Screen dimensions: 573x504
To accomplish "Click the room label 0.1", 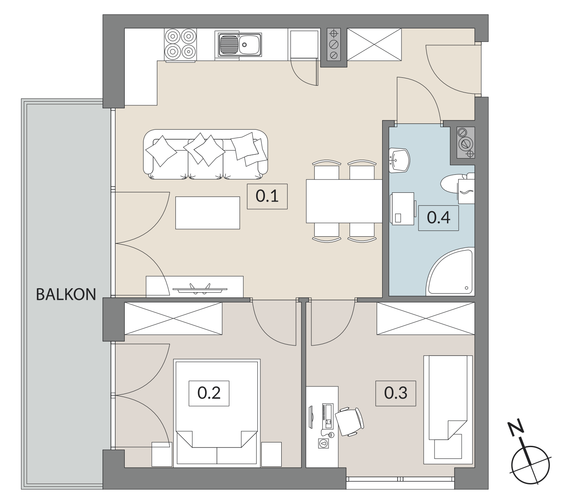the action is (x=267, y=196).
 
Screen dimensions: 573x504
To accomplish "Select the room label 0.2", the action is (x=209, y=393).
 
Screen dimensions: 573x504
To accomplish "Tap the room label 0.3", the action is (x=396, y=393).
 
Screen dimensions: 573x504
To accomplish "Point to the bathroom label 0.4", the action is (x=438, y=217).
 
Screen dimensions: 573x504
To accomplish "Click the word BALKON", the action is (x=66, y=294).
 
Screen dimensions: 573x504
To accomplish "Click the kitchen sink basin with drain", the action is (x=238, y=44).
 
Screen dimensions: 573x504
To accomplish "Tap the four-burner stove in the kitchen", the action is (x=180, y=45).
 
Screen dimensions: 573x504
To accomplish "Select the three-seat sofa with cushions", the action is (x=206, y=154).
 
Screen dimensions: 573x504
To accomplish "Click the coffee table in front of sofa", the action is (x=207, y=212).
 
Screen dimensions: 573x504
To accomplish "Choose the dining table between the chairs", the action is (x=344, y=201).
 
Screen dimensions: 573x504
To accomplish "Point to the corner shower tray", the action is (x=450, y=271).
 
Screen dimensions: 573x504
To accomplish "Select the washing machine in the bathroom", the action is (x=403, y=209).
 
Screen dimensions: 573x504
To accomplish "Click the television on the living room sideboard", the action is (x=200, y=289).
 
